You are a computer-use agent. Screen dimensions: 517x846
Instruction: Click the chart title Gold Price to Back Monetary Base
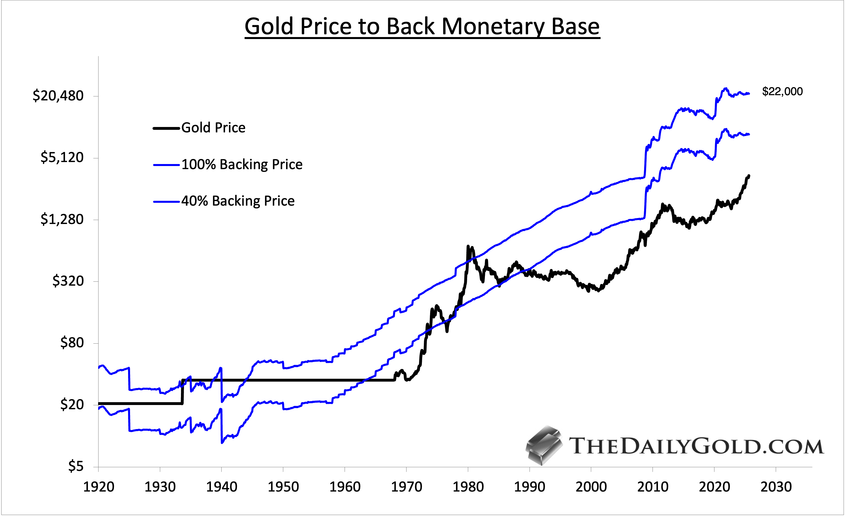click(422, 27)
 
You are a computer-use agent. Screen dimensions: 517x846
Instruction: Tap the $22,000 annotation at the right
click(782, 91)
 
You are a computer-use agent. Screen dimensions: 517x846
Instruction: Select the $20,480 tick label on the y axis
click(58, 96)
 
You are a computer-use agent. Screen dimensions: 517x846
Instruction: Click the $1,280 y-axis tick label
click(62, 219)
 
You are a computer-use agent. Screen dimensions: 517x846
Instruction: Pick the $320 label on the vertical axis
click(68, 281)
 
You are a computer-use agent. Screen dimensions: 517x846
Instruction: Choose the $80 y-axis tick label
click(72, 342)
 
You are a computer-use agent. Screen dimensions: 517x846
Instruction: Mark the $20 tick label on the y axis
click(72, 404)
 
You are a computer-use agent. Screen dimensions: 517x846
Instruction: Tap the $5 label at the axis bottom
click(76, 466)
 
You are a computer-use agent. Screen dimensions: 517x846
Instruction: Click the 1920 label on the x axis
click(98, 487)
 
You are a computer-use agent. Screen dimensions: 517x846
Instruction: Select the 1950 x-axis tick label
click(283, 487)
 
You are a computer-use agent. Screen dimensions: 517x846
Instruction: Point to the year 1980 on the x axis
click(468, 487)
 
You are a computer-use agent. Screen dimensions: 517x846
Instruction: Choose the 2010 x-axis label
click(653, 487)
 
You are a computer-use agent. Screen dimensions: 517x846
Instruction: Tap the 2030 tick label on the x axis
click(776, 487)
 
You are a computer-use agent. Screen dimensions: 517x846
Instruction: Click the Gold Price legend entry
click(213, 128)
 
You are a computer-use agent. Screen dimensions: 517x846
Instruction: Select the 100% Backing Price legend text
click(242, 165)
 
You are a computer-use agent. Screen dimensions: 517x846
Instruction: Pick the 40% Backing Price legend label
click(238, 201)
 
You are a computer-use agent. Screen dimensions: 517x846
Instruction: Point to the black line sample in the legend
click(167, 128)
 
